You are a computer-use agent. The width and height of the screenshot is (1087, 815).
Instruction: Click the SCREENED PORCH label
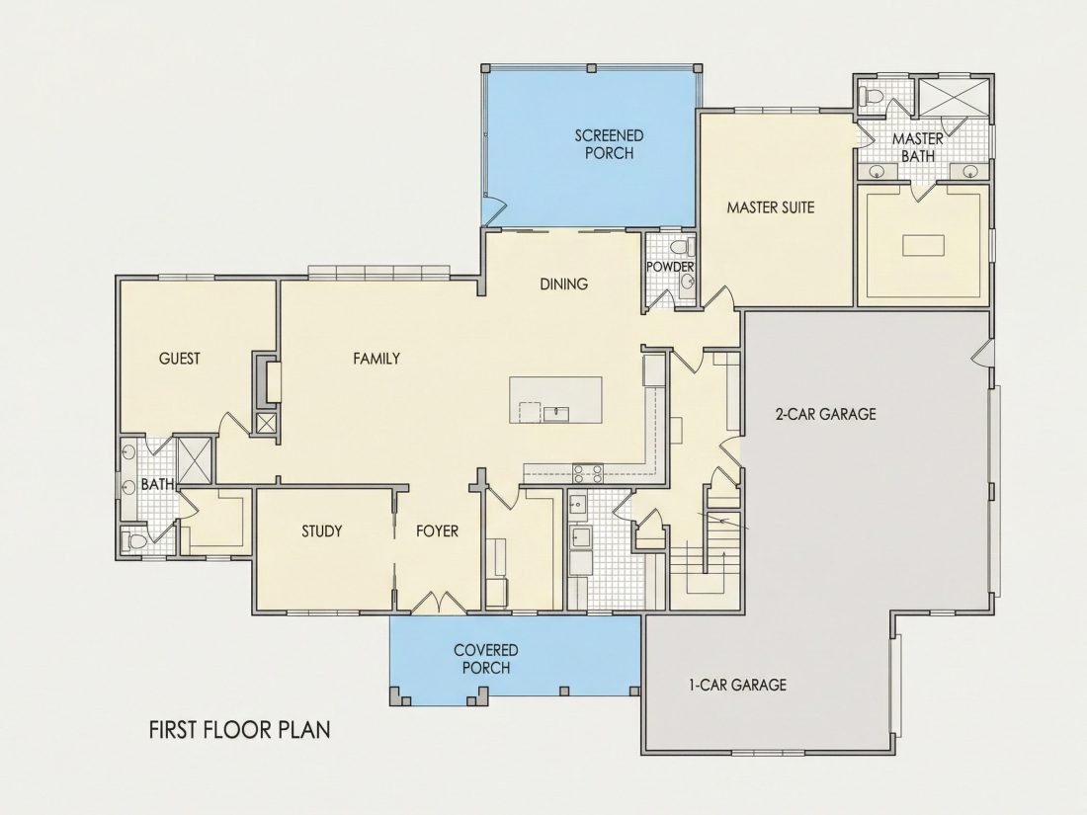(609, 144)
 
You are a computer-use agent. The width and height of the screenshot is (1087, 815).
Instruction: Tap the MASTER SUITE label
(770, 207)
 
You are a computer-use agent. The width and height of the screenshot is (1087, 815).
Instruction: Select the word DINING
(563, 284)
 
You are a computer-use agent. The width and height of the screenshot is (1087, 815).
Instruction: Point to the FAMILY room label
(376, 359)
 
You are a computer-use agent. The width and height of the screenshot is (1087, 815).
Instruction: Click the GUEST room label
(180, 359)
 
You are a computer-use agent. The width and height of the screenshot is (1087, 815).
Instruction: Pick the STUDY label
(322, 531)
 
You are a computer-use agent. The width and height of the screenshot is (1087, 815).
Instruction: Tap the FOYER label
(437, 531)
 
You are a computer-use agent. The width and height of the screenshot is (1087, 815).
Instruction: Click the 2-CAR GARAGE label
(825, 415)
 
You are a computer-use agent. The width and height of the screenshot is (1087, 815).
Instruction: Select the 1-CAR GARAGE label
(737, 686)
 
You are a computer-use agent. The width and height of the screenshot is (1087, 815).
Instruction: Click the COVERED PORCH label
(486, 659)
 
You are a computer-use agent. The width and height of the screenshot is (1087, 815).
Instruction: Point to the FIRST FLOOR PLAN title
(240, 730)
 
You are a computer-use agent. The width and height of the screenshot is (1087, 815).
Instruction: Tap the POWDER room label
(670, 267)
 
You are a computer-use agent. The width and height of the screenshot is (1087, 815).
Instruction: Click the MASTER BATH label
(917, 147)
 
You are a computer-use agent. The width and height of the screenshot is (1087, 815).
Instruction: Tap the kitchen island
(555, 400)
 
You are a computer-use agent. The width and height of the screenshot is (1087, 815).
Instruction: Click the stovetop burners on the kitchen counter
(587, 473)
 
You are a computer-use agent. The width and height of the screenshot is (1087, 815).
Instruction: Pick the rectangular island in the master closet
(923, 245)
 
